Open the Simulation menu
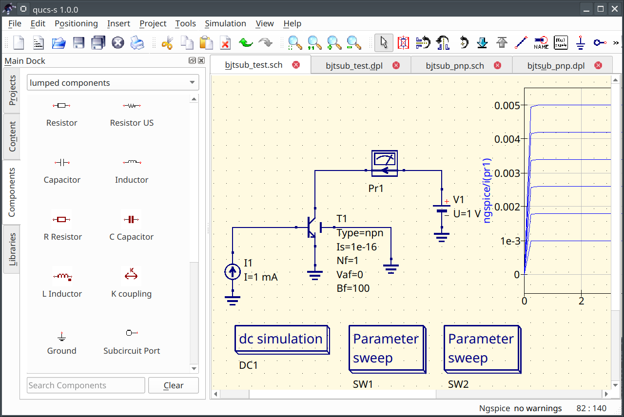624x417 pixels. [x=225, y=23]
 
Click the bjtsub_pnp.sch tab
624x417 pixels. [x=454, y=65]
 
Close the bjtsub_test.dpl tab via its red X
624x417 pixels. [x=396, y=65]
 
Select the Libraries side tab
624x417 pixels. [x=12, y=249]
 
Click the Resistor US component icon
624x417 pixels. [x=132, y=106]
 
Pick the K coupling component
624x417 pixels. [x=131, y=276]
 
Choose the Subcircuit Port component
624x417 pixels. [x=131, y=333]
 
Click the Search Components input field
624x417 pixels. [x=86, y=385]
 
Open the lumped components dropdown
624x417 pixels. [x=113, y=83]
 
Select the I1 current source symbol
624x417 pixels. [x=233, y=272]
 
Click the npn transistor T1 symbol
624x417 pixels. [x=312, y=227]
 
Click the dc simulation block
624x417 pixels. [x=281, y=339]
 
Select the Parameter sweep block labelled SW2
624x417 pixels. [x=481, y=348]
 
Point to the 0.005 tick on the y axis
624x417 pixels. [x=507, y=105]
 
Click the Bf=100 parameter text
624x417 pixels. [x=353, y=288]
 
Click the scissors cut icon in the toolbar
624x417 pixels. [x=167, y=43]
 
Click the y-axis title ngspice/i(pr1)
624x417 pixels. [x=487, y=190]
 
